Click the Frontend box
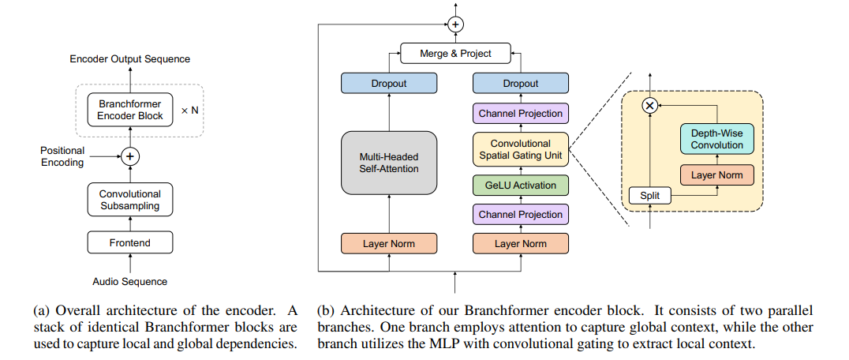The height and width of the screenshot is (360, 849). (x=130, y=243)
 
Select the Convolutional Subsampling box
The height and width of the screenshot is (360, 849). (x=130, y=200)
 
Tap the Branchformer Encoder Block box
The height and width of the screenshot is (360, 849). (x=130, y=110)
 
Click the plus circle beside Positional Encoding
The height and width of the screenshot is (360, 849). (x=130, y=156)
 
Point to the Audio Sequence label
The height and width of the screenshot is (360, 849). (x=130, y=281)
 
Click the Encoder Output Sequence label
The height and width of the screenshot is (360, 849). (x=130, y=59)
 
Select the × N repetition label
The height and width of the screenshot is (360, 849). (x=190, y=110)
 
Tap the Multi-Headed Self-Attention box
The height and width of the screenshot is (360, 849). (x=388, y=163)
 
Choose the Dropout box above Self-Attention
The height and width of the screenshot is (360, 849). (x=388, y=83)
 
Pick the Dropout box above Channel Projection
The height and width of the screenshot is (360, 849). (x=520, y=83)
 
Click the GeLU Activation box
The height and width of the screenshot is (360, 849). (x=520, y=186)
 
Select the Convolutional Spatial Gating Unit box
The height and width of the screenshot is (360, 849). (x=520, y=150)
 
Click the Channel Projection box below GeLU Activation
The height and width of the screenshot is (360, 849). (x=520, y=214)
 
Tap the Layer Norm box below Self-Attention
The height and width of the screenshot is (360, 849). (x=388, y=243)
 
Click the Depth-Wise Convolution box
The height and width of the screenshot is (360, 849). (x=717, y=139)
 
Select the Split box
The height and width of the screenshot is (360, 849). (x=649, y=195)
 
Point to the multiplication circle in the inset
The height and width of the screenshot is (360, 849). (x=649, y=104)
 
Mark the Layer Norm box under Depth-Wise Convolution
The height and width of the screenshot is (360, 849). (x=717, y=174)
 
